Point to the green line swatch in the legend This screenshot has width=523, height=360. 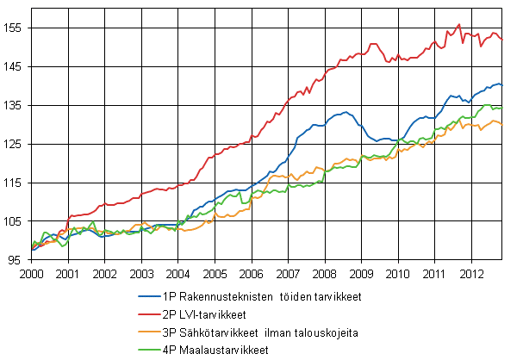[x=147, y=350]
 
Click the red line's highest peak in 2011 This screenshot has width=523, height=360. [x=459, y=24]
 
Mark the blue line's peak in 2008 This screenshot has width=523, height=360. [x=345, y=112]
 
